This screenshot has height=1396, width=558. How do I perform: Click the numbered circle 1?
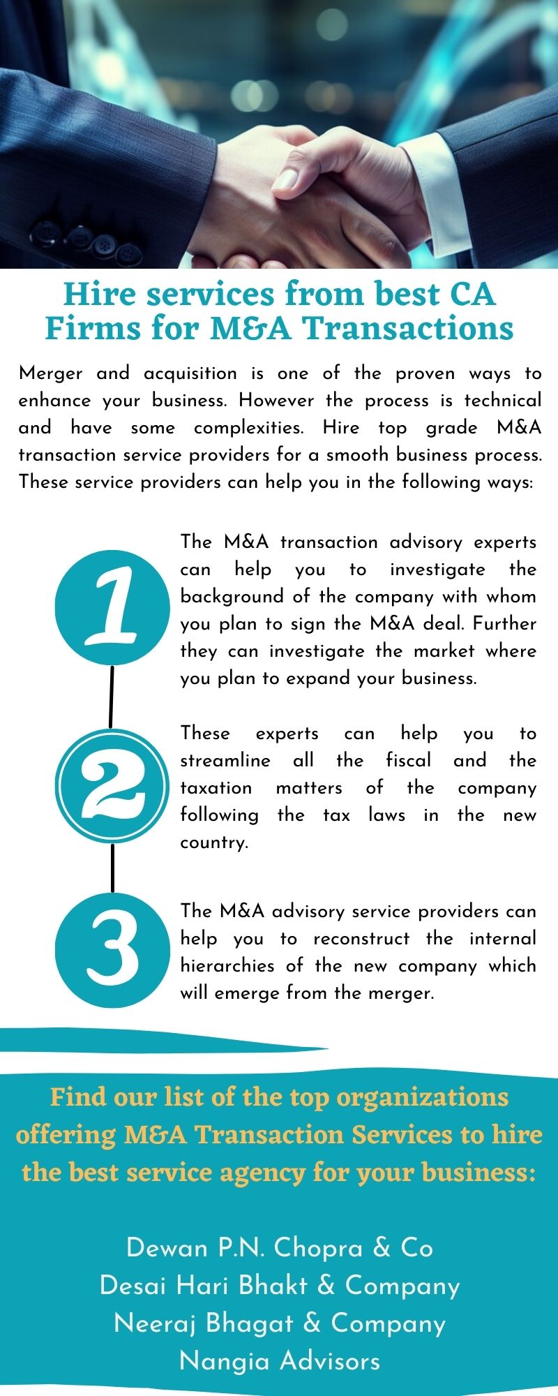(112, 607)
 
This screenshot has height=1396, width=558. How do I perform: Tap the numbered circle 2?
(112, 785)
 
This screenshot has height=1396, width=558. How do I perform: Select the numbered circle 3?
(112, 950)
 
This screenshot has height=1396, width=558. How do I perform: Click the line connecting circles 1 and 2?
(111, 696)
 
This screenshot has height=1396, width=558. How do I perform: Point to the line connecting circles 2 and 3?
(112, 868)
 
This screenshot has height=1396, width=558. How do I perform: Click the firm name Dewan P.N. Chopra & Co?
(279, 1249)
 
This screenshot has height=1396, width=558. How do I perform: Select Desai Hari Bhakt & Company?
(279, 1286)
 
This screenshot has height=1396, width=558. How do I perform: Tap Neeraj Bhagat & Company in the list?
(279, 1323)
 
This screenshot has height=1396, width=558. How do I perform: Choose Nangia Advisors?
(279, 1361)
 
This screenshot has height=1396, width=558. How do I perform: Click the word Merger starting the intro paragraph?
(50, 373)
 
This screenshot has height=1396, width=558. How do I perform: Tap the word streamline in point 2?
(225, 760)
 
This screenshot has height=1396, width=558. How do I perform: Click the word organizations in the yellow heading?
(422, 1098)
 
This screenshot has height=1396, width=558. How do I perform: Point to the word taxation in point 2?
(216, 788)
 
